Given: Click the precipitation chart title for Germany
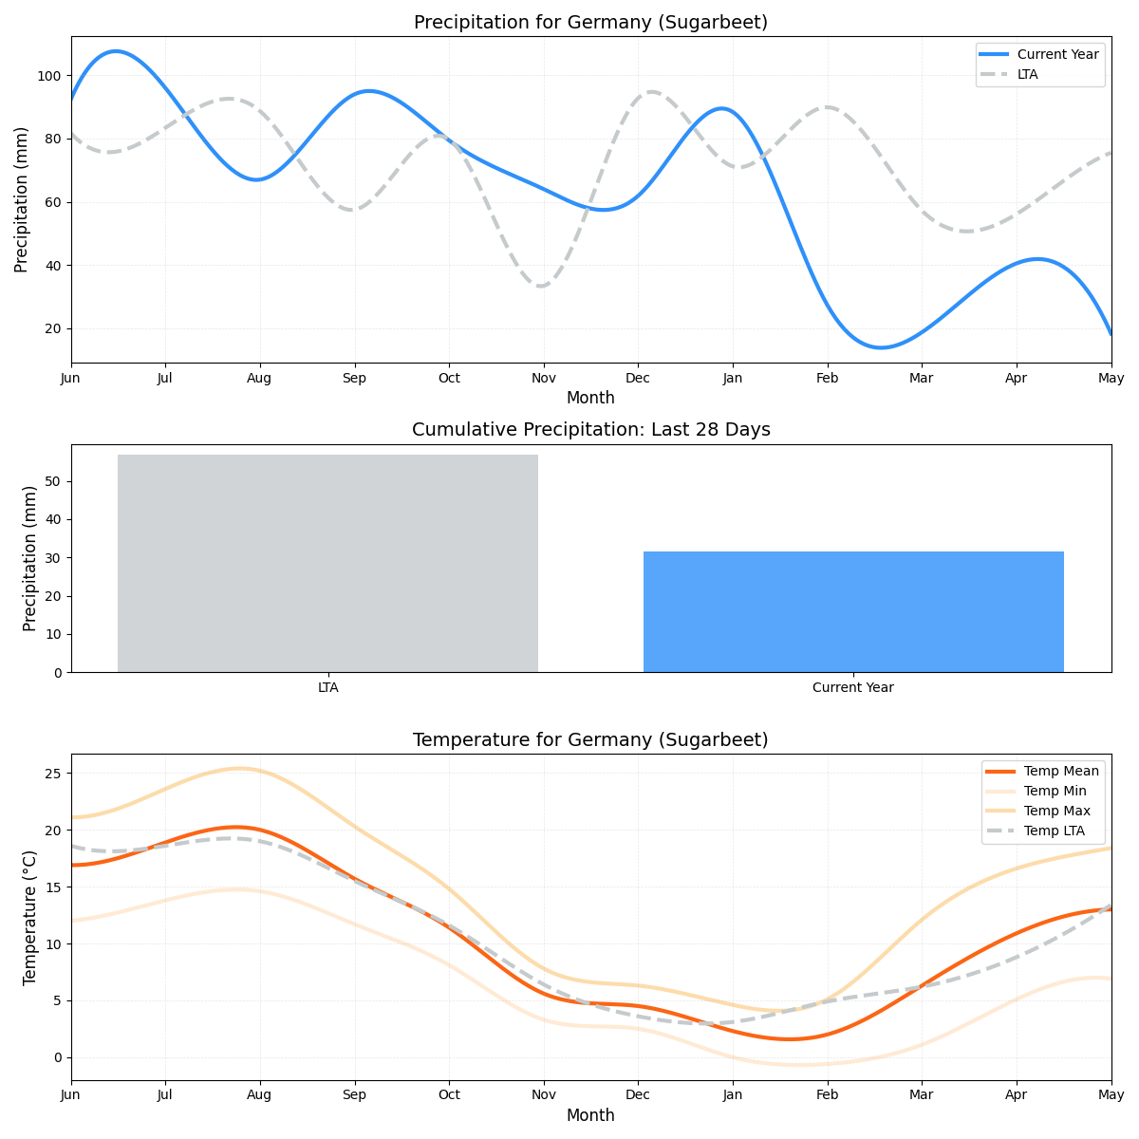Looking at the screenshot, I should pos(590,23).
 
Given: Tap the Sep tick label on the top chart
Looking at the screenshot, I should pos(354,378).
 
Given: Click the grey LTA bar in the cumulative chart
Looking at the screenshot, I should pos(327,563).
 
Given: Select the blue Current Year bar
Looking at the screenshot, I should pos(853,611).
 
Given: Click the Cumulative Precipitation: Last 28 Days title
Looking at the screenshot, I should pos(590,430).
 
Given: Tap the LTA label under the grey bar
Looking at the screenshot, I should pos(327,687).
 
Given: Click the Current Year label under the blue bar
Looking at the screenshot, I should pos(852,687).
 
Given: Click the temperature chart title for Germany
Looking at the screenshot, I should pos(590,740).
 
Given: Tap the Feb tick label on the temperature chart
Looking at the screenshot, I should pos(827,1095).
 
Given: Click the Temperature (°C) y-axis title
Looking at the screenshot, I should pos(30,917).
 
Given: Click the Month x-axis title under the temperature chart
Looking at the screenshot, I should pos(590,1116).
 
